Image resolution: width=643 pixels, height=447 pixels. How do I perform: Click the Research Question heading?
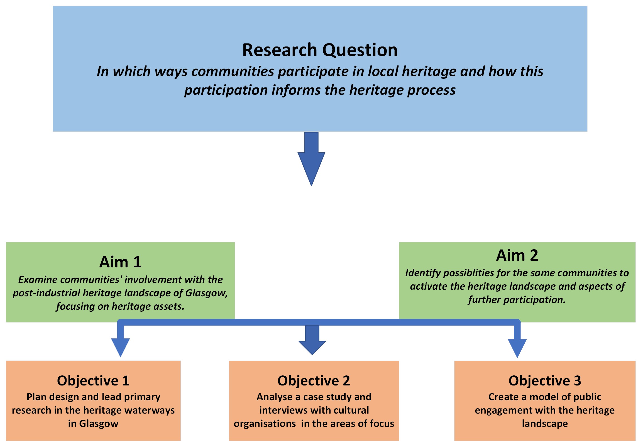click(319, 50)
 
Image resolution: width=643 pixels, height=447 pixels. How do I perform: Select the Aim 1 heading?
click(120, 262)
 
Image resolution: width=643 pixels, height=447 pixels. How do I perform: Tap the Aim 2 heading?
click(517, 255)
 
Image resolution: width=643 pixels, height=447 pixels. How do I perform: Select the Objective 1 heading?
click(93, 381)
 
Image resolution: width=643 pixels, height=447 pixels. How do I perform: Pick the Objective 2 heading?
click(314, 381)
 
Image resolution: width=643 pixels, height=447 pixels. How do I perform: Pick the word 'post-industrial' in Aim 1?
click(46, 293)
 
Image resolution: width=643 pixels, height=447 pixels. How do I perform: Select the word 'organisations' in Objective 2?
click(265, 424)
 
